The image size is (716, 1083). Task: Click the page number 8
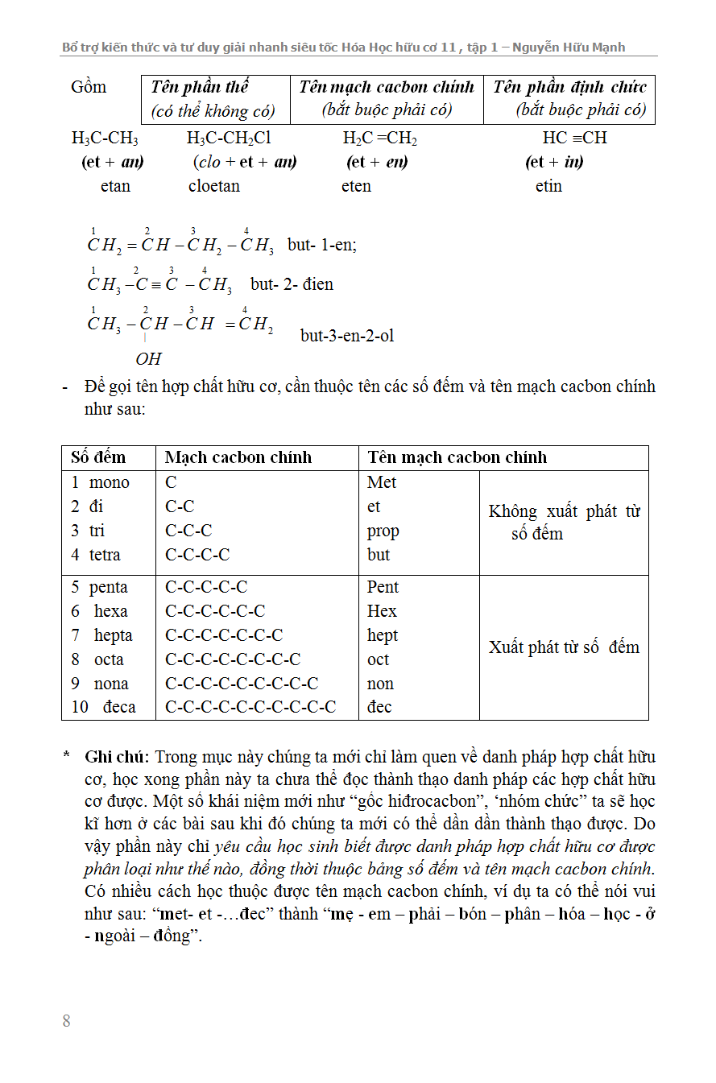[66, 1021]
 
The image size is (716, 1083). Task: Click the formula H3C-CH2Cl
[229, 138]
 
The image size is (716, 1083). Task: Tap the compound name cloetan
[214, 186]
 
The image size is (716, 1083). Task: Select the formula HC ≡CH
[574, 138]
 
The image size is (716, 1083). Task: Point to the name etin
[548, 186]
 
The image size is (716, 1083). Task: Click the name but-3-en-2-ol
[347, 336]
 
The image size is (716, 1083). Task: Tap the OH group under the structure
[148, 358]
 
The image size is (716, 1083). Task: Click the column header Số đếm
[98, 457]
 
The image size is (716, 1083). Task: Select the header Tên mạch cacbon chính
[457, 457]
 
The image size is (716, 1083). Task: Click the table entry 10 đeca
[103, 707]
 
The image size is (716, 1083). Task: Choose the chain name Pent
[383, 587]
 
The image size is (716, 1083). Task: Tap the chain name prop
[383, 531]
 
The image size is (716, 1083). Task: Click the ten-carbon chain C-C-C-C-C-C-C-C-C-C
[250, 707]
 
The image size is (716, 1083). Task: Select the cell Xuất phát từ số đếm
[564, 647]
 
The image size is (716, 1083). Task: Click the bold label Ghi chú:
[117, 757]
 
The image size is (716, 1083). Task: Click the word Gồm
[89, 87]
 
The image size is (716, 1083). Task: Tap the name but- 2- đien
[292, 284]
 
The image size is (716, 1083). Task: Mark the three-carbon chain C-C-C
[188, 531]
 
